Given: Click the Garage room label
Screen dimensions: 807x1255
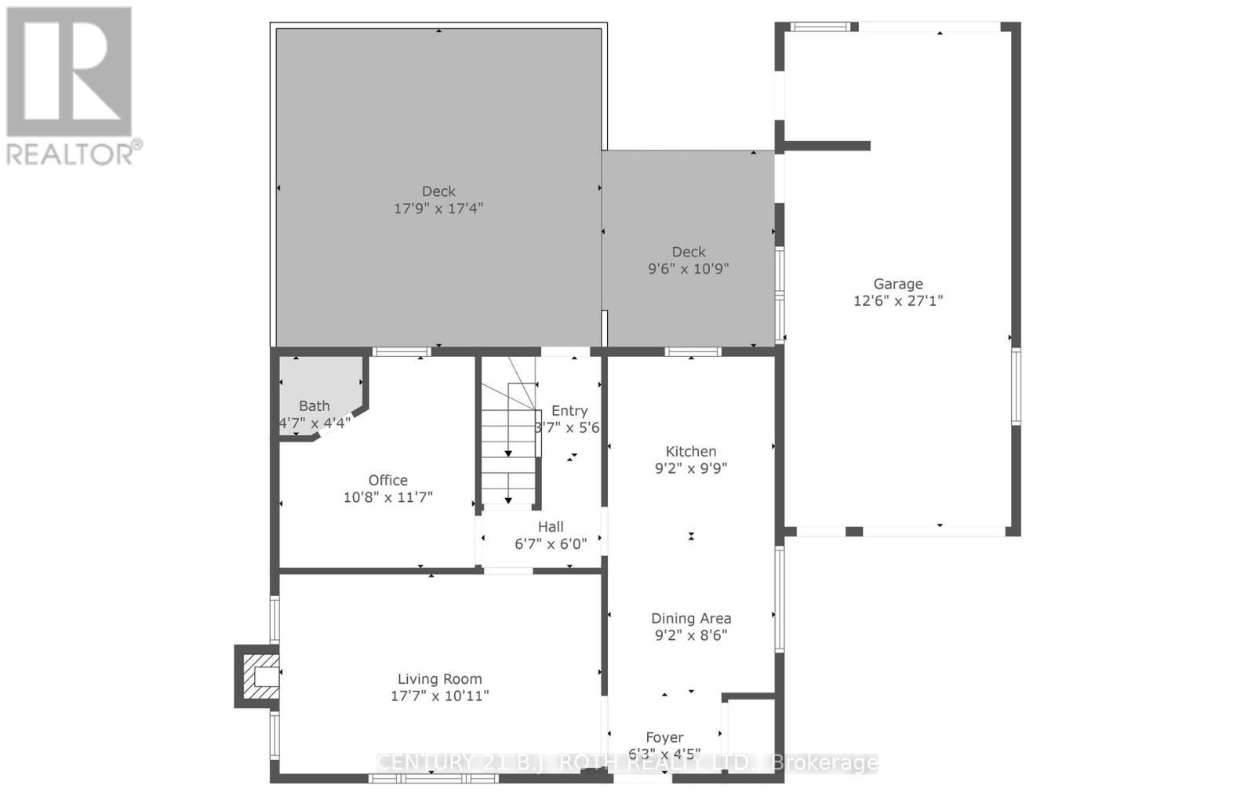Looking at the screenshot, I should click(x=898, y=284).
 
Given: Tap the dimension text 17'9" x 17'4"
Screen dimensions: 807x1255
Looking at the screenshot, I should click(x=438, y=209).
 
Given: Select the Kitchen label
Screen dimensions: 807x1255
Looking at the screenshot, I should click(x=690, y=451).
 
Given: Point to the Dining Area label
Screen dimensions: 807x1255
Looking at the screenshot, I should click(x=690, y=618).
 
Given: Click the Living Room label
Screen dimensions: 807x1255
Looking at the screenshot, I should click(x=439, y=679).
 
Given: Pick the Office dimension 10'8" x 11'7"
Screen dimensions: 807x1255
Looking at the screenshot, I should click(x=387, y=497).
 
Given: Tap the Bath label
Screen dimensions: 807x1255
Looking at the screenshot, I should click(x=314, y=405).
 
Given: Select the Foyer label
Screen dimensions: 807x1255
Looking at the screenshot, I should click(x=664, y=737).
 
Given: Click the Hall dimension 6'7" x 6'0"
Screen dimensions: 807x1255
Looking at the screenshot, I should click(x=550, y=543).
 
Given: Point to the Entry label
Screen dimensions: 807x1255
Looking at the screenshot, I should click(x=569, y=410).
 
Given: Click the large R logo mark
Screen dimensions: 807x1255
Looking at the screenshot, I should click(x=69, y=72).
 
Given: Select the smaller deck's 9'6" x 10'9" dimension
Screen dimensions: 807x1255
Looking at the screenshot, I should click(x=688, y=269).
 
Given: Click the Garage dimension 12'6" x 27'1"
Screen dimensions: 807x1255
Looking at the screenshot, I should click(x=898, y=300).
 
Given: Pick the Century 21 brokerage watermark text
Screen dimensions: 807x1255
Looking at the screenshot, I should click(x=627, y=763).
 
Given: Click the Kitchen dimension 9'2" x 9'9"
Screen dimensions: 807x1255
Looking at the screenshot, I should click(x=690, y=468).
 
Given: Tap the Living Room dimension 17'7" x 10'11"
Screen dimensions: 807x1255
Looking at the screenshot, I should click(x=439, y=696).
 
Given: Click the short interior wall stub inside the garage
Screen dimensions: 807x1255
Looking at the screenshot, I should click(x=828, y=146).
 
